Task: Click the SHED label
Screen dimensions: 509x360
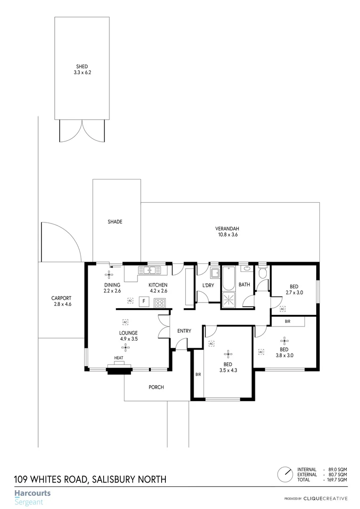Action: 82,66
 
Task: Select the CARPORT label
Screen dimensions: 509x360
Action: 61,298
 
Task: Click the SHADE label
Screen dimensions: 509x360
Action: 115,222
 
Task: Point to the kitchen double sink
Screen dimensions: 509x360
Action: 150,271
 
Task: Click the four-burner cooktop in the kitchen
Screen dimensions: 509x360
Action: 160,303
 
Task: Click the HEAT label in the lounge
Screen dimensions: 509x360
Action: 118,358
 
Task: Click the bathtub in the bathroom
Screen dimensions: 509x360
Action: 229,278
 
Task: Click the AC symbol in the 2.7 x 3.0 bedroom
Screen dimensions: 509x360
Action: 283,309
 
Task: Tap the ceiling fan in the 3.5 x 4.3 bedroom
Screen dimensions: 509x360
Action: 228,353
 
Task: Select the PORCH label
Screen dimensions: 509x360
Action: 156,387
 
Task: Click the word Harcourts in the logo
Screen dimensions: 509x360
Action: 32,493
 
